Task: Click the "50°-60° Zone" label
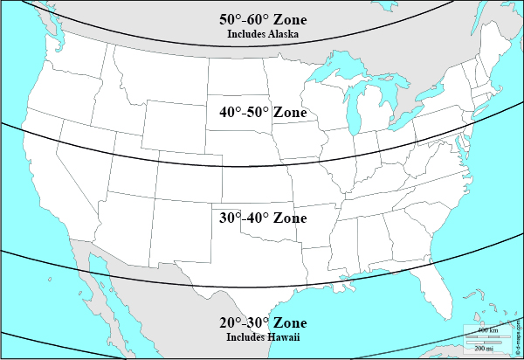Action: coord(263,20)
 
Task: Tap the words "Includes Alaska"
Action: coord(263,35)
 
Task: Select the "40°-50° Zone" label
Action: coord(263,113)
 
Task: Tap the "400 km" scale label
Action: coord(487,330)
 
